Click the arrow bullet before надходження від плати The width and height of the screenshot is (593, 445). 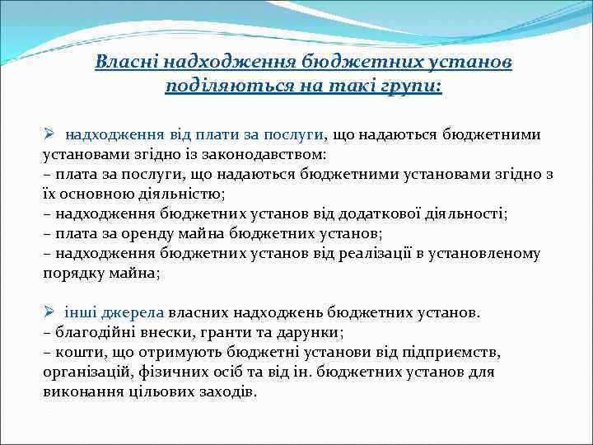pos(49,134)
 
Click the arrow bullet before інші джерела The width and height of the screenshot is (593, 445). pos(49,313)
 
